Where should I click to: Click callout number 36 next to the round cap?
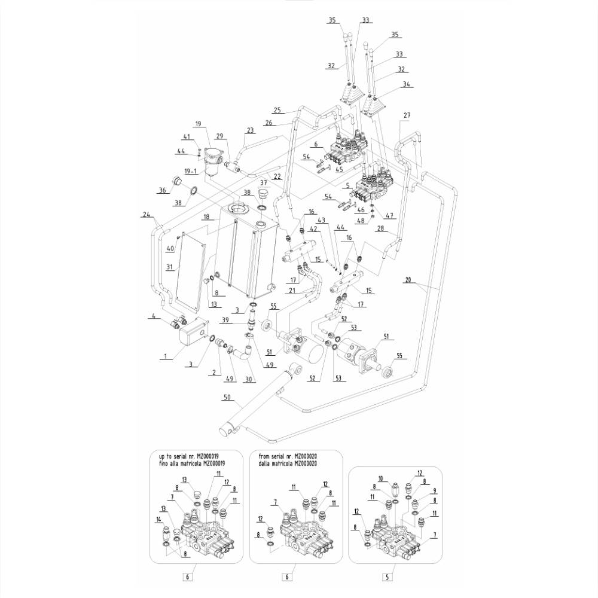(x=161, y=190)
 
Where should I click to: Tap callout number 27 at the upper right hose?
(x=407, y=115)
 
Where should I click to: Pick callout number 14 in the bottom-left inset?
(x=159, y=520)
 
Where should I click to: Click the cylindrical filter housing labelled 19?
(x=212, y=160)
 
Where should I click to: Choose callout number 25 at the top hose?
(x=276, y=110)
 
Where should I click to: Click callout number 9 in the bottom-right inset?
(x=434, y=491)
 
